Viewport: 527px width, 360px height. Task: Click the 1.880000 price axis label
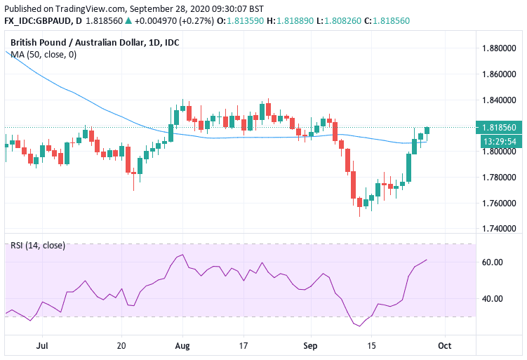[500, 48]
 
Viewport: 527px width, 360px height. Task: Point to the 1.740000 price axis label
[500, 229]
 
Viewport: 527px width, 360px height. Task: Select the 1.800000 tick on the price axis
[500, 152]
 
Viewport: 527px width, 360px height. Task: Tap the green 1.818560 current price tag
[500, 128]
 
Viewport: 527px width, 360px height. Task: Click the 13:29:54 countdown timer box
[500, 141]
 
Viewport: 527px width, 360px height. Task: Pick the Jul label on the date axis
[42, 346]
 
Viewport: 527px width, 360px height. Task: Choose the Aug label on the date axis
[182, 346]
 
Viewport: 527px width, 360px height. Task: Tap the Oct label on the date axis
[443, 346]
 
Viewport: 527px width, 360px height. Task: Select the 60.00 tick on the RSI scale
[494, 262]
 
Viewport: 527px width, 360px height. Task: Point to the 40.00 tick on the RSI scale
[494, 298]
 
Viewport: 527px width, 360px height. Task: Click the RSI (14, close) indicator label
[38, 245]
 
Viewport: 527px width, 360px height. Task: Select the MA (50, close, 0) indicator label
[44, 55]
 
